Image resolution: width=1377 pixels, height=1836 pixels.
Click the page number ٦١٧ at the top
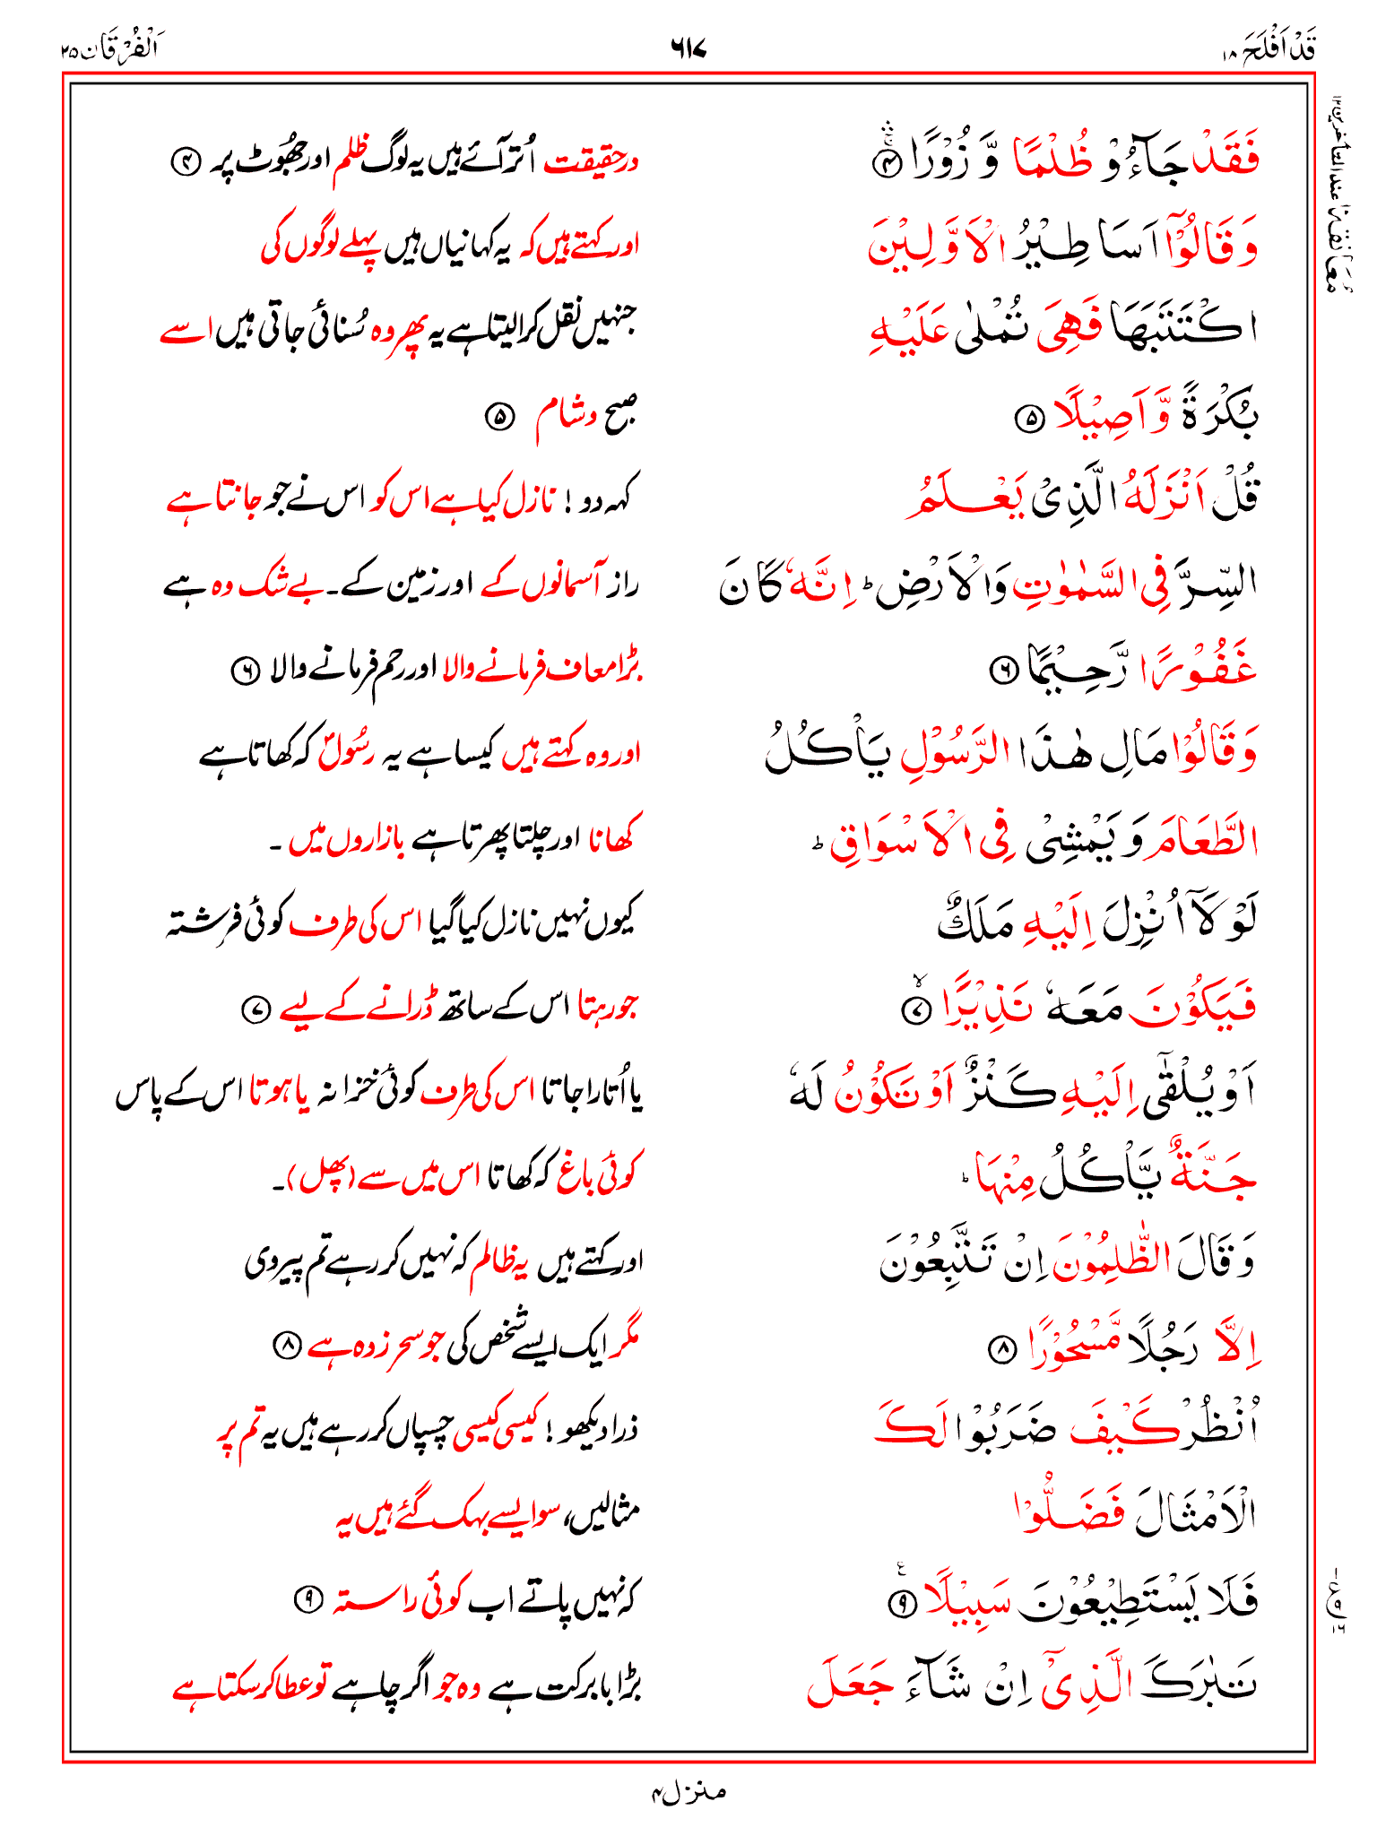click(688, 48)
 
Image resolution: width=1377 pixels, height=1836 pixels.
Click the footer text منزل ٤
click(688, 1792)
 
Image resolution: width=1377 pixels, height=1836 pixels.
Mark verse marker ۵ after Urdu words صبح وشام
click(498, 418)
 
